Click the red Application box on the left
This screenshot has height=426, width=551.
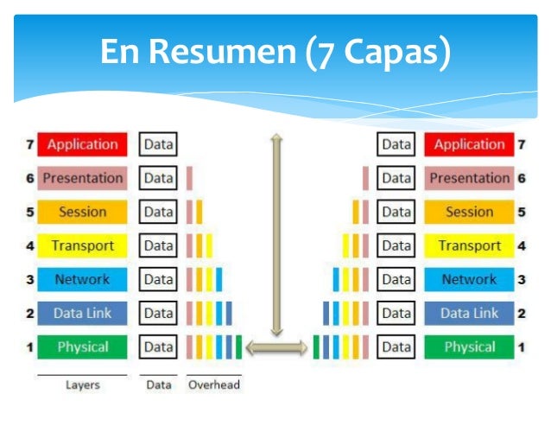(x=83, y=144)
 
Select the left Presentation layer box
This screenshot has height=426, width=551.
(x=83, y=178)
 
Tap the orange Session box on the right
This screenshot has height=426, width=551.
(x=469, y=212)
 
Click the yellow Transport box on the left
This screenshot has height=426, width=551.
(x=83, y=245)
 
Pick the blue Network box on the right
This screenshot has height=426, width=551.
(x=469, y=279)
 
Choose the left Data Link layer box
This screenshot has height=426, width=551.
(x=83, y=313)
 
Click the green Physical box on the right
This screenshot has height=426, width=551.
(x=469, y=347)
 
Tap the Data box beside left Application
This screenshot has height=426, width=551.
(x=158, y=144)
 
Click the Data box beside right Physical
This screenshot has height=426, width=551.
(x=396, y=347)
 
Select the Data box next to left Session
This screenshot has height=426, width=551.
(x=158, y=212)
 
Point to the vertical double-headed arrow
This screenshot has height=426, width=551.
(x=276, y=233)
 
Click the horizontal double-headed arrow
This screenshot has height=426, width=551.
(x=276, y=347)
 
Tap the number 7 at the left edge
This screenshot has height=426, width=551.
(x=29, y=144)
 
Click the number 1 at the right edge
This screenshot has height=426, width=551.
(x=522, y=347)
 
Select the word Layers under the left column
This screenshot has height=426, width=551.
(x=83, y=385)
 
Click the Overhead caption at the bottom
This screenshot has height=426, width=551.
(x=214, y=385)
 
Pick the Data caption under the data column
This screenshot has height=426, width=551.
(x=158, y=385)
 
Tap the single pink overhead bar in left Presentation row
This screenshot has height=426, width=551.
(x=189, y=178)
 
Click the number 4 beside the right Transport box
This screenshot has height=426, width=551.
(x=522, y=245)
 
